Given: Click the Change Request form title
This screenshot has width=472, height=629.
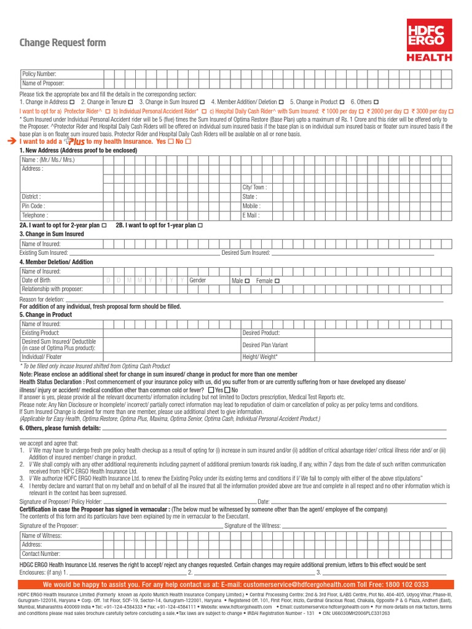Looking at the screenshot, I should pos(63,43).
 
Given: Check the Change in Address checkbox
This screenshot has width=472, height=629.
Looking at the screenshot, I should pos(73,101).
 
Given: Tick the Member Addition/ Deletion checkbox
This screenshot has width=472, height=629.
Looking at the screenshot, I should pos(281,101).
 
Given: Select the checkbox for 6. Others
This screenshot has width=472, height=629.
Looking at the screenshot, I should pos(376,101).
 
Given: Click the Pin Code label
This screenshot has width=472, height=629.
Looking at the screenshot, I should pos(33,206).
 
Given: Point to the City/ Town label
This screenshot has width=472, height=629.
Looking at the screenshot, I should pos(254,187).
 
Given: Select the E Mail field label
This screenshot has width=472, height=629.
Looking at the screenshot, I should pos(251,216).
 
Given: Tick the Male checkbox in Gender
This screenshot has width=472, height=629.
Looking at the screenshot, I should pos(247,281).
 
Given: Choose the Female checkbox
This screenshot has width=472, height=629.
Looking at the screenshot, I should pos(277,281).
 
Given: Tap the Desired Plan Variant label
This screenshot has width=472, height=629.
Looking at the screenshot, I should pos(265,345).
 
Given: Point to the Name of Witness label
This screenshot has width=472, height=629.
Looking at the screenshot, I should pos(42,536).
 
